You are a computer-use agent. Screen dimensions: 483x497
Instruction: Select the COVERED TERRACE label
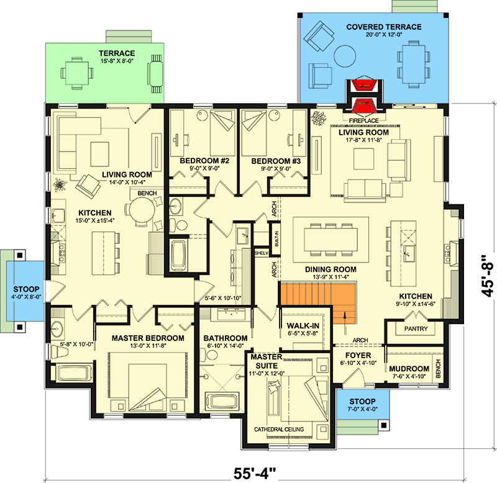(384, 27)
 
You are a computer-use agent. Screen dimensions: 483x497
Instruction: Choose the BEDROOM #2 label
(205, 161)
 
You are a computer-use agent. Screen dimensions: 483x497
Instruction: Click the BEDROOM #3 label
(276, 161)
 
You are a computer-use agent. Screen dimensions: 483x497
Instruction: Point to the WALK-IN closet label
(303, 325)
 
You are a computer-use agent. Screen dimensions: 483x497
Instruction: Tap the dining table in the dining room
(330, 236)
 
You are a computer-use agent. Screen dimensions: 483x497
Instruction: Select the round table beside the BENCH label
(140, 214)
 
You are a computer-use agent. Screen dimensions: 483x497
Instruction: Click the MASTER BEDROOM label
(148, 338)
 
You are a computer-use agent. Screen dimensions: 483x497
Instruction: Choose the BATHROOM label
(226, 338)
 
